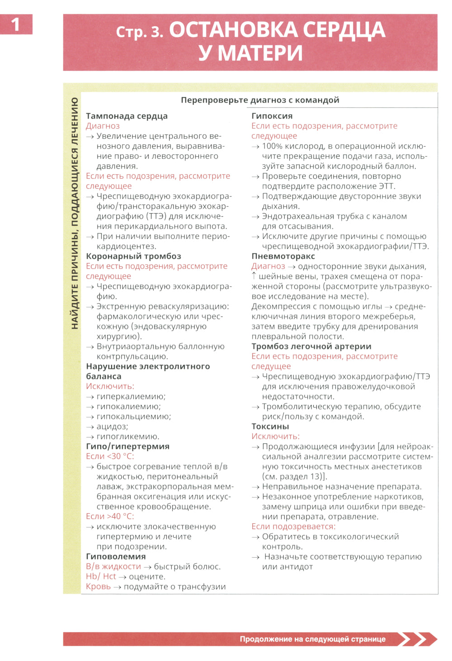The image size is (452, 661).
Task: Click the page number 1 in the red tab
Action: [x=15, y=24]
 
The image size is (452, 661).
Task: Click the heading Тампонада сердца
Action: [x=127, y=116]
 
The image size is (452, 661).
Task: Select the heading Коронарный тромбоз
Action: [x=133, y=256]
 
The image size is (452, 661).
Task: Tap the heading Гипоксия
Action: [x=272, y=116]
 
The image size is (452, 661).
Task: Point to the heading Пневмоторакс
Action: [x=283, y=256]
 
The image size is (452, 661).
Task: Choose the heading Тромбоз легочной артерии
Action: [x=311, y=346]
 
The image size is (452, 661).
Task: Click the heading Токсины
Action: [x=270, y=426]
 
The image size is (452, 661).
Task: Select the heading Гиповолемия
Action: [x=116, y=556]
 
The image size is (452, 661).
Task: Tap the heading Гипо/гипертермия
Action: [x=127, y=446]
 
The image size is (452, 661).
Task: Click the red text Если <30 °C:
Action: [x=110, y=456]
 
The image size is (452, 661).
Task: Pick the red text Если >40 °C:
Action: [x=110, y=516]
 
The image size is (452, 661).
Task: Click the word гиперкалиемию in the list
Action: [x=131, y=396]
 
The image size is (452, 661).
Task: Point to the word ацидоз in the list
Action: [x=112, y=426]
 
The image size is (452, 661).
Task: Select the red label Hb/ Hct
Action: [x=101, y=576]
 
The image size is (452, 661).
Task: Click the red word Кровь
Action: [x=98, y=587]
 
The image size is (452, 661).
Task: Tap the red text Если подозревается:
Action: [x=293, y=526]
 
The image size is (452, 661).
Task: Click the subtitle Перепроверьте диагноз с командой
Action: [x=260, y=100]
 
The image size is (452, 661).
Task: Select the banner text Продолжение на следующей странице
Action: [x=312, y=639]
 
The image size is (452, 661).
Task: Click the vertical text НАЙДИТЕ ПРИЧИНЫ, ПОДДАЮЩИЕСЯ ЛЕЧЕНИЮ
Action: [x=75, y=212]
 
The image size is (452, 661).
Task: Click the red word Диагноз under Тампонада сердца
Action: [x=103, y=126]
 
